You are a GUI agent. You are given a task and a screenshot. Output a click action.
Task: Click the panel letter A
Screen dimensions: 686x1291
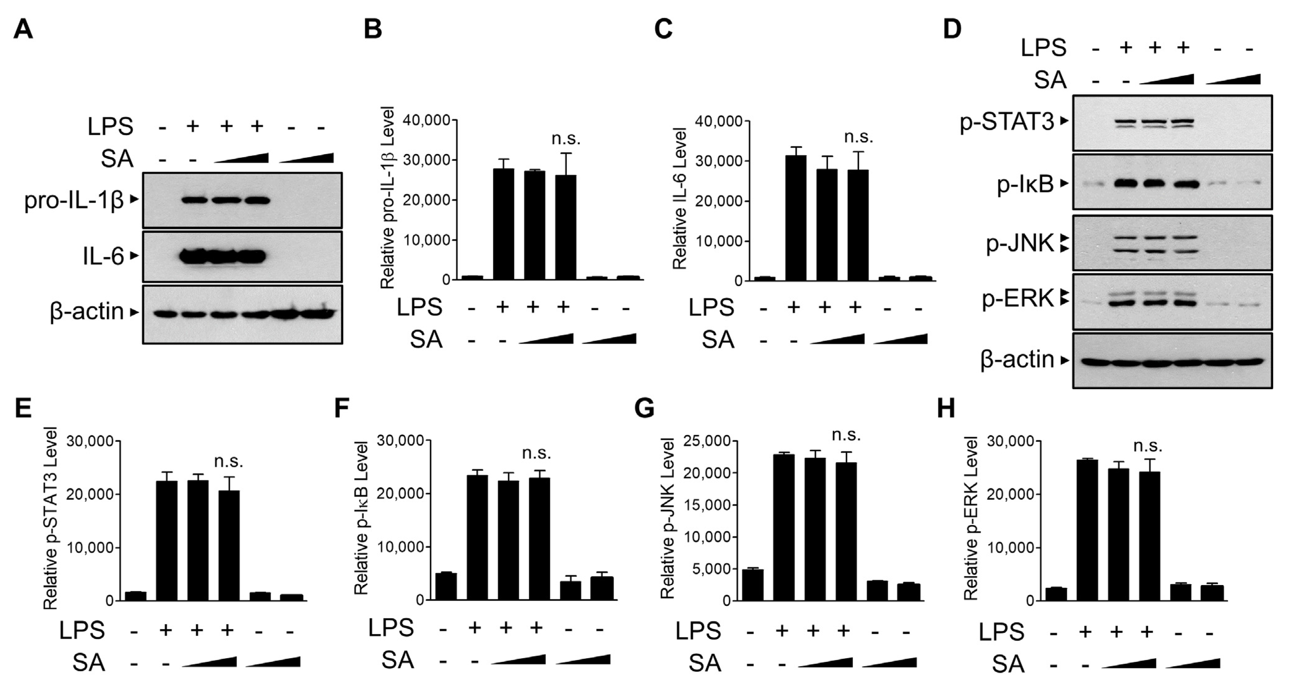23,30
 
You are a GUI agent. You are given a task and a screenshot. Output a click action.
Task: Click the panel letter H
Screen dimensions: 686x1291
946,409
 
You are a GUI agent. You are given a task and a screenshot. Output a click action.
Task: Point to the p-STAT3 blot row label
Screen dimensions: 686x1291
1007,122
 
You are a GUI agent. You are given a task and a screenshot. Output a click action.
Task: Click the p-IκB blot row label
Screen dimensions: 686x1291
1025,184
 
